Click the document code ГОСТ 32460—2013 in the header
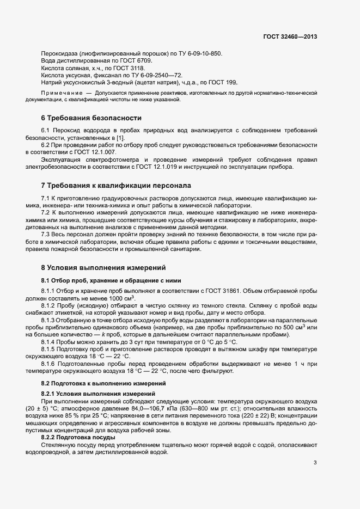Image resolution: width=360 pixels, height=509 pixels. coord(289,37)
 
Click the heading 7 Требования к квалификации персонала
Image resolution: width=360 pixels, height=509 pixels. coord(116,185)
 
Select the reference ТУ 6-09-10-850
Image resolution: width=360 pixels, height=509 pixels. coord(198,53)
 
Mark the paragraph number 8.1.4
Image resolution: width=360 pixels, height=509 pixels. coord(50,341)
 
